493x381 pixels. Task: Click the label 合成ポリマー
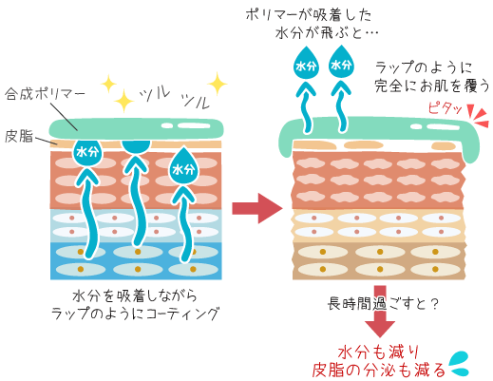click(x=45, y=94)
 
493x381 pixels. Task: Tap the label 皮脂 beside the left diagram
click(x=19, y=136)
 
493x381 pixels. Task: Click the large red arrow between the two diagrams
click(x=257, y=208)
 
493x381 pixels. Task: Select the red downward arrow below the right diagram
click(x=380, y=312)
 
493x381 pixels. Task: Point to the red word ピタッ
click(x=445, y=108)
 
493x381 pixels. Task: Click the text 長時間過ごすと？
click(x=383, y=304)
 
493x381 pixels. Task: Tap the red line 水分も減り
click(x=379, y=352)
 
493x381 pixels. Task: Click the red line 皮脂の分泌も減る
click(x=379, y=370)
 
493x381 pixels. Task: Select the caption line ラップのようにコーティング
click(x=135, y=314)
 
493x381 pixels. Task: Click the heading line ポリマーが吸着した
click(x=309, y=14)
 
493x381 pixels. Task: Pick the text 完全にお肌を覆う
click(x=432, y=86)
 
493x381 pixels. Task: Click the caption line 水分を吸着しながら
click(x=135, y=295)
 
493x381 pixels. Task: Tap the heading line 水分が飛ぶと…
click(x=327, y=32)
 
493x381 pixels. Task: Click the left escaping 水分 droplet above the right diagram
click(x=306, y=63)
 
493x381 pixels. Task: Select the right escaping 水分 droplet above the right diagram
click(x=341, y=62)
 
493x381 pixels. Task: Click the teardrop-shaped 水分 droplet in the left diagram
click(x=183, y=166)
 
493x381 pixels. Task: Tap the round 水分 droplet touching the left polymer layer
click(x=87, y=152)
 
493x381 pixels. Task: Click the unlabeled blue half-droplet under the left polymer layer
click(x=136, y=146)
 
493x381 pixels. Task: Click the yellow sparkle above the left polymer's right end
click(x=218, y=84)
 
